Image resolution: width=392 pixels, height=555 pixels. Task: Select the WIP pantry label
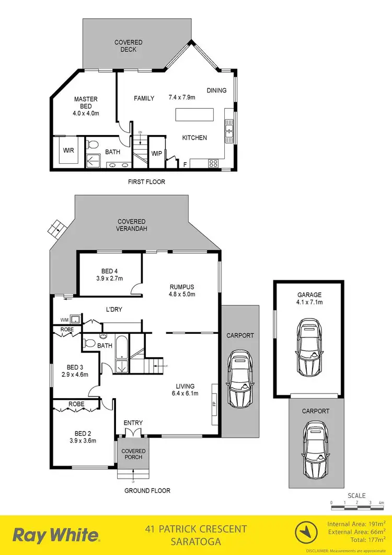156,153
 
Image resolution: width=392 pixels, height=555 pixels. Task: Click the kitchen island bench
194,114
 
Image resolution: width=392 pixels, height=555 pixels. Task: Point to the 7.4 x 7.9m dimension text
181,97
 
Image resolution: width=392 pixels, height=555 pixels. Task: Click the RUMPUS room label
182,287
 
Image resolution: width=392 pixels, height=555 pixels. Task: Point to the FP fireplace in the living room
214,404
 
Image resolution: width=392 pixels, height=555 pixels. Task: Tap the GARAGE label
310,295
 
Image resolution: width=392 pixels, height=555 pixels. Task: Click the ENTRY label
133,423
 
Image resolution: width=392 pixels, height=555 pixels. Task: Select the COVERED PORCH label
133,455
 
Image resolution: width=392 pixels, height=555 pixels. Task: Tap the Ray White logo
56,535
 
